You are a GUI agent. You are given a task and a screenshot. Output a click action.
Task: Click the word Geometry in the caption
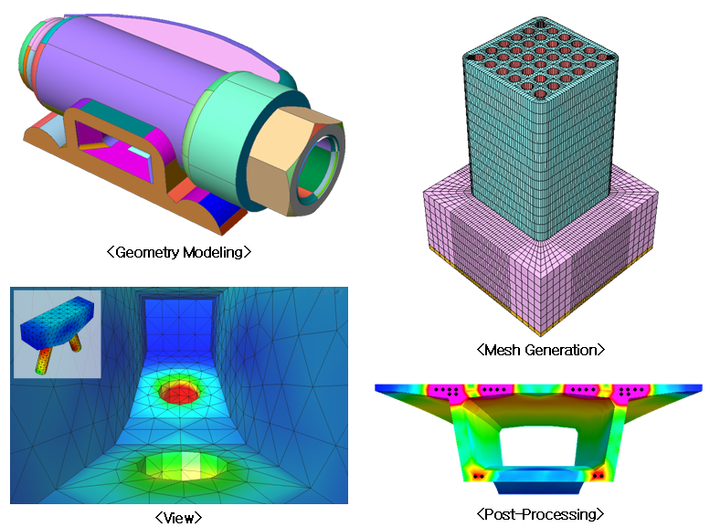point(147,252)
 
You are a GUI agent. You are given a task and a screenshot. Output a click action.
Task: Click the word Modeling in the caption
point(213,252)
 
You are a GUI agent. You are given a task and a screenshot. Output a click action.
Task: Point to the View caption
point(178,518)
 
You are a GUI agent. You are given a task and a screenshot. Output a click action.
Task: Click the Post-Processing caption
point(540,514)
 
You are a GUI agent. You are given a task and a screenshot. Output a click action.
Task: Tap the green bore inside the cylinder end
point(316,170)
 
